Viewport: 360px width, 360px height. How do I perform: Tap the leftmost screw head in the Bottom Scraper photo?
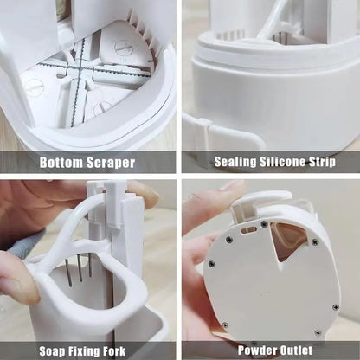pos(34,87)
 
